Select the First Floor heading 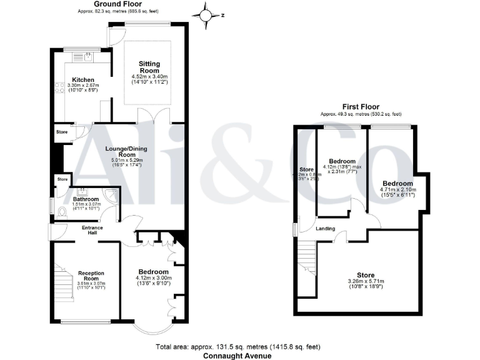click(360, 107)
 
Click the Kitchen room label click(83, 80)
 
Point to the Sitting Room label click(149, 67)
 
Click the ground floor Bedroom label click(153, 272)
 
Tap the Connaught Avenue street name click(237, 356)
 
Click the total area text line click(237, 347)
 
